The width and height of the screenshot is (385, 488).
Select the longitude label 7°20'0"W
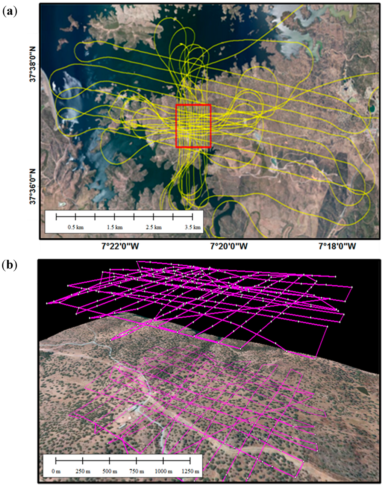pyautogui.click(x=229, y=247)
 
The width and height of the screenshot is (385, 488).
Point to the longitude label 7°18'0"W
pyautogui.click(x=337, y=247)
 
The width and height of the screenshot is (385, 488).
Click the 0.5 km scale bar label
pyautogui.click(x=74, y=227)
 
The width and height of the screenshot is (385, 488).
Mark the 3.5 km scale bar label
pyautogui.click(x=193, y=227)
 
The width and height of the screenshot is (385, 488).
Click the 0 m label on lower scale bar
pyautogui.click(x=56, y=471)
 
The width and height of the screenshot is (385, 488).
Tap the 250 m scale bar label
pyautogui.click(x=82, y=471)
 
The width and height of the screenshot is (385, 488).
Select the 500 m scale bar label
pyautogui.click(x=109, y=471)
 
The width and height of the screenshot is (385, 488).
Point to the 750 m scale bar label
pyautogui.click(x=136, y=471)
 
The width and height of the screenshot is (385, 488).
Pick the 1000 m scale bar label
pyautogui.click(x=163, y=471)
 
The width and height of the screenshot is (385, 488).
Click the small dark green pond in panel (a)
pyautogui.click(x=372, y=109)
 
